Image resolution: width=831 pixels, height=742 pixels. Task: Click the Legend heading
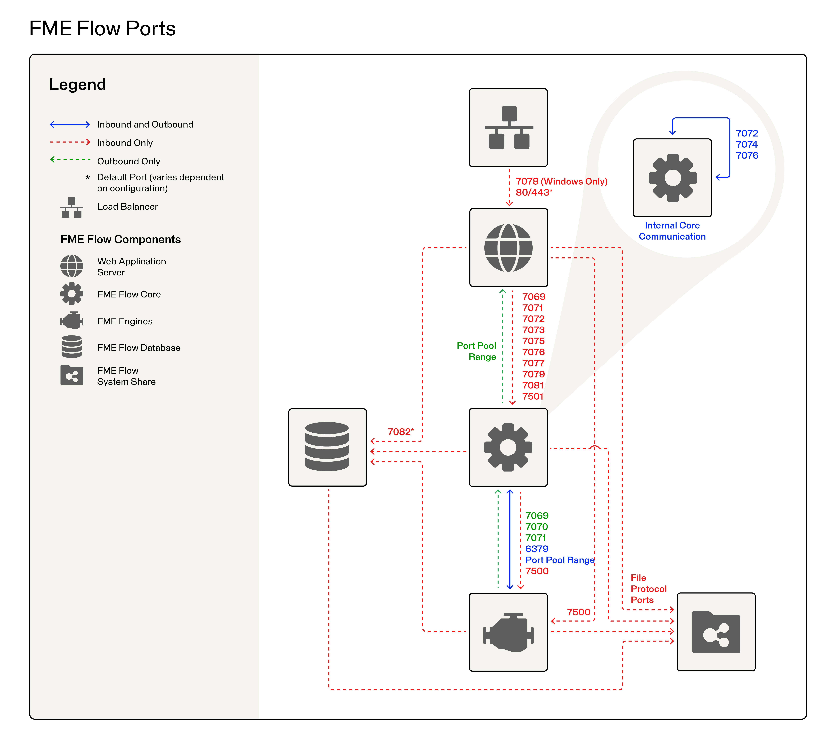coord(78,84)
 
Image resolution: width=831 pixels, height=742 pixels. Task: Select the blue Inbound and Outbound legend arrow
coord(70,124)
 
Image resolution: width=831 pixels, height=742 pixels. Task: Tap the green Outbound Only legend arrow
coord(70,159)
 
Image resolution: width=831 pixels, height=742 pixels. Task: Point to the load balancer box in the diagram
coord(508,128)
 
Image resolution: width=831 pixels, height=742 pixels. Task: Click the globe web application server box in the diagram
coord(509,247)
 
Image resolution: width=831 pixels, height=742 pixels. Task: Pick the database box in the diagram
coord(327,447)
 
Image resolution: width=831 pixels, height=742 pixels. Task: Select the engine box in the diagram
coord(508,632)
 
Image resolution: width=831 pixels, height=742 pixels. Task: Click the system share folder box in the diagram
coord(716,632)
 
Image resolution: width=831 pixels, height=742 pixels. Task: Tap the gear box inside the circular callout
coord(672,178)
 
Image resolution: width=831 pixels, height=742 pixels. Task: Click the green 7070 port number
coord(536,527)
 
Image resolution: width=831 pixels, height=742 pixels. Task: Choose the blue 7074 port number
coord(747,144)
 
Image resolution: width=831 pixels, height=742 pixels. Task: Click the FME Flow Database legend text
coord(139,348)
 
